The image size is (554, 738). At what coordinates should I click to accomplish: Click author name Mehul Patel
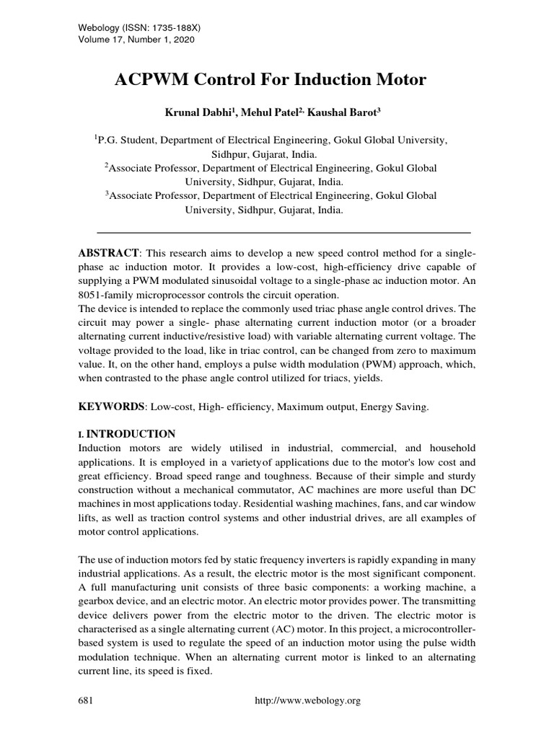pyautogui.click(x=274, y=112)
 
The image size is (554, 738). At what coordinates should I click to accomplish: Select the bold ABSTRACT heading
pyautogui.click(x=108, y=254)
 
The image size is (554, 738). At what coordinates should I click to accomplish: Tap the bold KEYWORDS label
pyautogui.click(x=111, y=407)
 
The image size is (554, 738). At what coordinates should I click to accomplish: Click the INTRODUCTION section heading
pyautogui.click(x=131, y=434)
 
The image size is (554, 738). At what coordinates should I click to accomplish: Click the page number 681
pyautogui.click(x=86, y=701)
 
